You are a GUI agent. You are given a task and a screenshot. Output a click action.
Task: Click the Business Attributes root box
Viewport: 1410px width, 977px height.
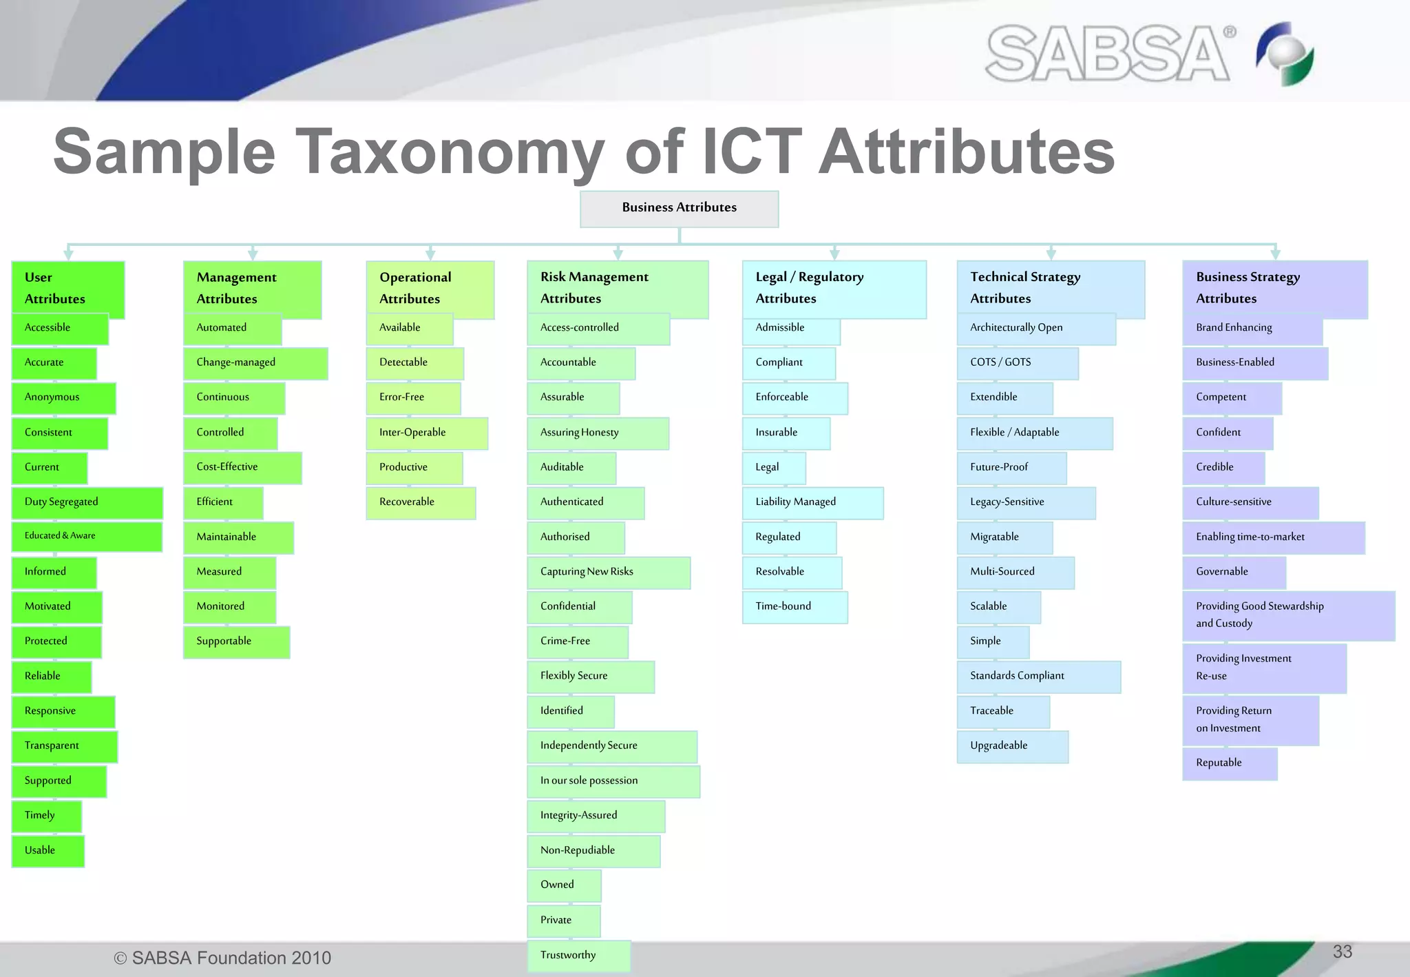679,208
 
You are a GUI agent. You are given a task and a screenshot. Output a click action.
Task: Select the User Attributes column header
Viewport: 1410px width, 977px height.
67,287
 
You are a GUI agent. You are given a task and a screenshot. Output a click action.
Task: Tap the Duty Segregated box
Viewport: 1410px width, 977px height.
87,502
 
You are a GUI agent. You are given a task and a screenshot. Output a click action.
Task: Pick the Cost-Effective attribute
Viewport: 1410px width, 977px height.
242,467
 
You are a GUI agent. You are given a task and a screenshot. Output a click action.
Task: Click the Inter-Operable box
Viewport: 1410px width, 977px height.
426,433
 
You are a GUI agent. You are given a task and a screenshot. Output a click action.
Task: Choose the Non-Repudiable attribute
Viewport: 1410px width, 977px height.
593,850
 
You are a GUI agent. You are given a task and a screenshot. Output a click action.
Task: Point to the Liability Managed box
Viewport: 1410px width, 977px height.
812,502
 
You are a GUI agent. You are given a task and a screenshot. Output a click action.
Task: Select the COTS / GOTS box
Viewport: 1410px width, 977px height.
1017,362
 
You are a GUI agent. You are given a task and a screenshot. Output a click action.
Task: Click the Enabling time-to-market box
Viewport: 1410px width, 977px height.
1272,537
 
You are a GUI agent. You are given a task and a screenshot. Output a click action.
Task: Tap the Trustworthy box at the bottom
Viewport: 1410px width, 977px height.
578,956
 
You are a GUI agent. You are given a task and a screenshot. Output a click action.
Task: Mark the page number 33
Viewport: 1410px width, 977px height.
1342,952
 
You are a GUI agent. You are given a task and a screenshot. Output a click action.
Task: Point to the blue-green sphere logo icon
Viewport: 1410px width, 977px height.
1285,54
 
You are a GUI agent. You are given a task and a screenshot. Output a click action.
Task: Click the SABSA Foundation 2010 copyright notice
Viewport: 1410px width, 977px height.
222,958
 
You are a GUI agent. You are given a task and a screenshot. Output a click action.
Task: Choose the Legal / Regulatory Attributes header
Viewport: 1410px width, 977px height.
834,288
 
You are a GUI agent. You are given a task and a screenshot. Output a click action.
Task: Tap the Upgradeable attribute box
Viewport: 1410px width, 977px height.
1012,746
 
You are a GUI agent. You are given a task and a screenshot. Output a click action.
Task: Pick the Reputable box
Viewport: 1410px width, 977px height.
1229,763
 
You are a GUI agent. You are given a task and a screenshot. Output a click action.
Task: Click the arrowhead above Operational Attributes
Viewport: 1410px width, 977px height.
430,254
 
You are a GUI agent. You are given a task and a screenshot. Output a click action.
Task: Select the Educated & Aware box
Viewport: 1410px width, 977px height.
87,536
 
